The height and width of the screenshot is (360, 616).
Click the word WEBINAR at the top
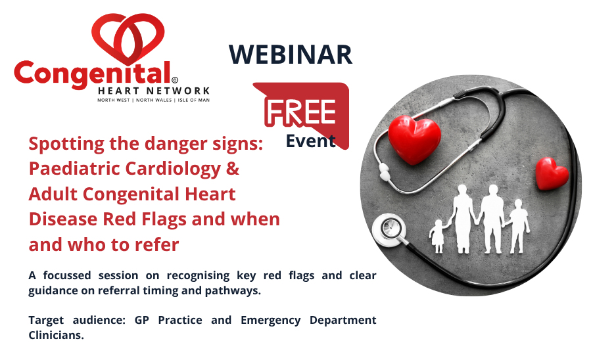(x=291, y=54)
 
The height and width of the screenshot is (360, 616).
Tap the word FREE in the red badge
(x=301, y=112)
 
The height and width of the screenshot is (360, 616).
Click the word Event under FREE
(x=310, y=141)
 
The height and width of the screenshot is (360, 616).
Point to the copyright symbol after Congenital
(x=175, y=80)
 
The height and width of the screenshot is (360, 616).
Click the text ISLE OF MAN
(x=194, y=100)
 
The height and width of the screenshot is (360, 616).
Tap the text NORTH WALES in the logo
(x=154, y=100)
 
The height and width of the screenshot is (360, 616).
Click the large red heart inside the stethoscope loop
(x=414, y=139)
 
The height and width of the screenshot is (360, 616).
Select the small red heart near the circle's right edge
(x=552, y=173)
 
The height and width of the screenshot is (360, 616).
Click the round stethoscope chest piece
(x=389, y=229)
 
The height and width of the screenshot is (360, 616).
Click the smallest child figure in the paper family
(x=437, y=236)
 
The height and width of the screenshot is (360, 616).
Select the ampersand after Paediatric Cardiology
(x=233, y=168)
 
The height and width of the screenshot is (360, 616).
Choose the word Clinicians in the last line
(x=56, y=335)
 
